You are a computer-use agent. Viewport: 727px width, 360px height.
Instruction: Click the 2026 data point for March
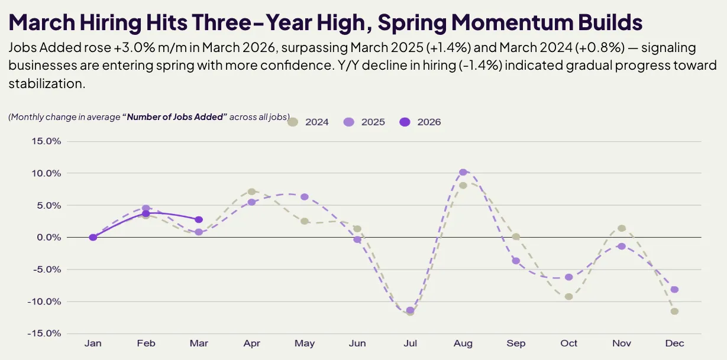[199, 220]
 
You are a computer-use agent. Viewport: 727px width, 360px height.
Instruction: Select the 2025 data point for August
[463, 172]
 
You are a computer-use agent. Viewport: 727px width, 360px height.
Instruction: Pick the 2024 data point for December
[674, 311]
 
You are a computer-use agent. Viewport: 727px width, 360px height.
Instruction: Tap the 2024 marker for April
[251, 192]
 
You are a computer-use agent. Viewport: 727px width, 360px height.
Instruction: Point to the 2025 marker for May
[305, 197]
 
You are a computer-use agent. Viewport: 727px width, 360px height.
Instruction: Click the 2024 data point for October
[568, 296]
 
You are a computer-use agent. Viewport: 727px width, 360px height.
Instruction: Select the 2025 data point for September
[516, 261]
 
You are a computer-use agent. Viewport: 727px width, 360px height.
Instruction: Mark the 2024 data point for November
[622, 228]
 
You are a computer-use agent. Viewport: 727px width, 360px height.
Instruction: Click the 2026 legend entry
[421, 122]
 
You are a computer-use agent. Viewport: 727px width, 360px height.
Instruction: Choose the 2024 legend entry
[308, 122]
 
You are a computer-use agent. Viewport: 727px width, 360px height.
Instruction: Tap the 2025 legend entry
[364, 122]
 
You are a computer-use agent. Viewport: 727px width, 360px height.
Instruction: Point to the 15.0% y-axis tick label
[45, 141]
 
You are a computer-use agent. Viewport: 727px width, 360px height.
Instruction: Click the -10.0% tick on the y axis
[44, 301]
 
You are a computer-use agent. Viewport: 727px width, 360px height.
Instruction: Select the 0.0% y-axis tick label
[47, 238]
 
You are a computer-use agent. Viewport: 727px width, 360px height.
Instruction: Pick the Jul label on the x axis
[410, 343]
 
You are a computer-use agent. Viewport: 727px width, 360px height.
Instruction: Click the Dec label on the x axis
[674, 343]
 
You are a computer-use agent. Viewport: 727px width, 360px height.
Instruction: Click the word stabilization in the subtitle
[46, 84]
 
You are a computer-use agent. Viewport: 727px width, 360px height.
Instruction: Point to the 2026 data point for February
[146, 213]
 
